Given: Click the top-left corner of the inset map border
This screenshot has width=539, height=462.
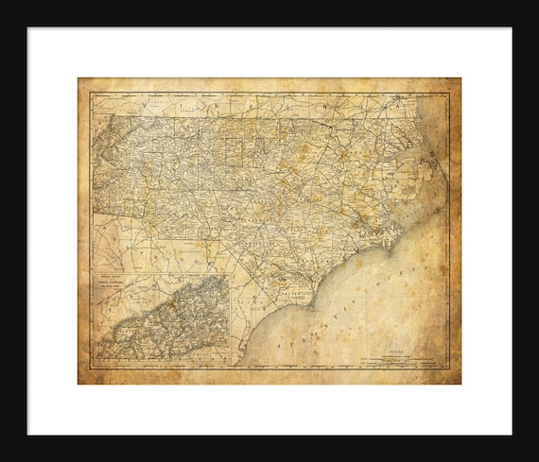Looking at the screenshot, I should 93,274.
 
